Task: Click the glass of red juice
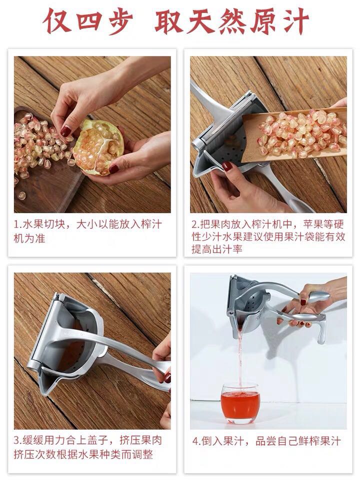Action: pyautogui.click(x=240, y=403)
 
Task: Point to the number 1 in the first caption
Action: pyautogui.click(x=16, y=224)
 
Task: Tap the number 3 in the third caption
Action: pyautogui.click(x=17, y=441)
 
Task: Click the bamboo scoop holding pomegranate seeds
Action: pyautogui.click(x=294, y=134)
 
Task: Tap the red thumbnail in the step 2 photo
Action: pyautogui.click(x=227, y=166)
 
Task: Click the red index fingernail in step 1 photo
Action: pyautogui.click(x=65, y=131)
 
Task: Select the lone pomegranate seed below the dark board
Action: pyautogui.click(x=21, y=195)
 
